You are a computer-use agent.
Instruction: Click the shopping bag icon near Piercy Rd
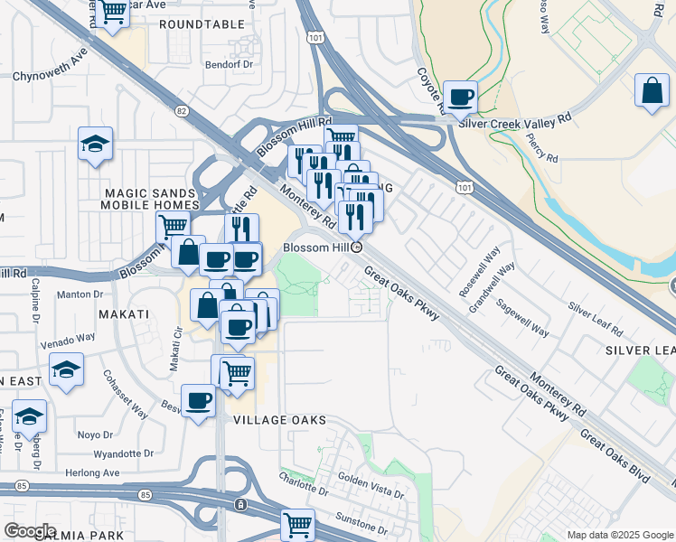652,91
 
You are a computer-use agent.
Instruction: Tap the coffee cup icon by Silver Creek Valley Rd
461,97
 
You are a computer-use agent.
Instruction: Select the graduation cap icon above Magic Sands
95,145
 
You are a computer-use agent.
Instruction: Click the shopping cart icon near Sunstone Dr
297,523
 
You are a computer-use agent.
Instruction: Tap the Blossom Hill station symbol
357,247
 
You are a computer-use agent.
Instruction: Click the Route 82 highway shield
182,110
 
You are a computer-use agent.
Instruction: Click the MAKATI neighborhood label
121,313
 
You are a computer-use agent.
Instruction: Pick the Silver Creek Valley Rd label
515,119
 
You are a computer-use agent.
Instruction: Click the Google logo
30,531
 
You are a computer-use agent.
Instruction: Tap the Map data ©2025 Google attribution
619,535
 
